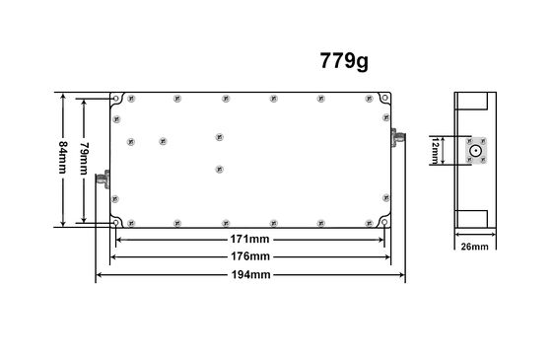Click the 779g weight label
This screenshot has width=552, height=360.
344,60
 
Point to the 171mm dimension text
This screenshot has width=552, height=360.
250,241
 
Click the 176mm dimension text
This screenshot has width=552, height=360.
250,256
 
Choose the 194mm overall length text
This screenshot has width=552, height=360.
250,274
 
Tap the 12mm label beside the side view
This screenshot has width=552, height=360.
435,151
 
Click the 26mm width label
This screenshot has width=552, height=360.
474,247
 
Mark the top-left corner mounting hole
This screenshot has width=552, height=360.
117,100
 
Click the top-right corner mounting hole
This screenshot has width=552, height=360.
383,100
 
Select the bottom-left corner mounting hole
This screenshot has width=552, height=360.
117,223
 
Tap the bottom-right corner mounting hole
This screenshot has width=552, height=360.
383,223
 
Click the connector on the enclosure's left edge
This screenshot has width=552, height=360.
102,180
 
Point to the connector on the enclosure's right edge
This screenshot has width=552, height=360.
398,135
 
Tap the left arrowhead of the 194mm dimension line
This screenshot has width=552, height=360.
99,274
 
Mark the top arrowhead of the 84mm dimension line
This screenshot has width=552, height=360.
65,97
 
